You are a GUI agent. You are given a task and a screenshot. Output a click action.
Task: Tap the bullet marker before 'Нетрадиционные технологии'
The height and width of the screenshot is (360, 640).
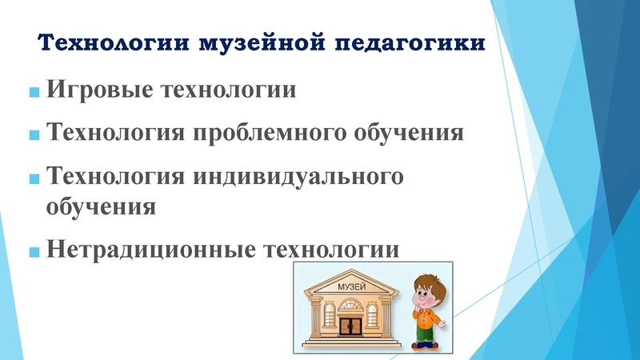pyautogui.click(x=34, y=252)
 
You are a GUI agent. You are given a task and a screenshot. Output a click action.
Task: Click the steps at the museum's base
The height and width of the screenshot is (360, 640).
pyautogui.click(x=351, y=341)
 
